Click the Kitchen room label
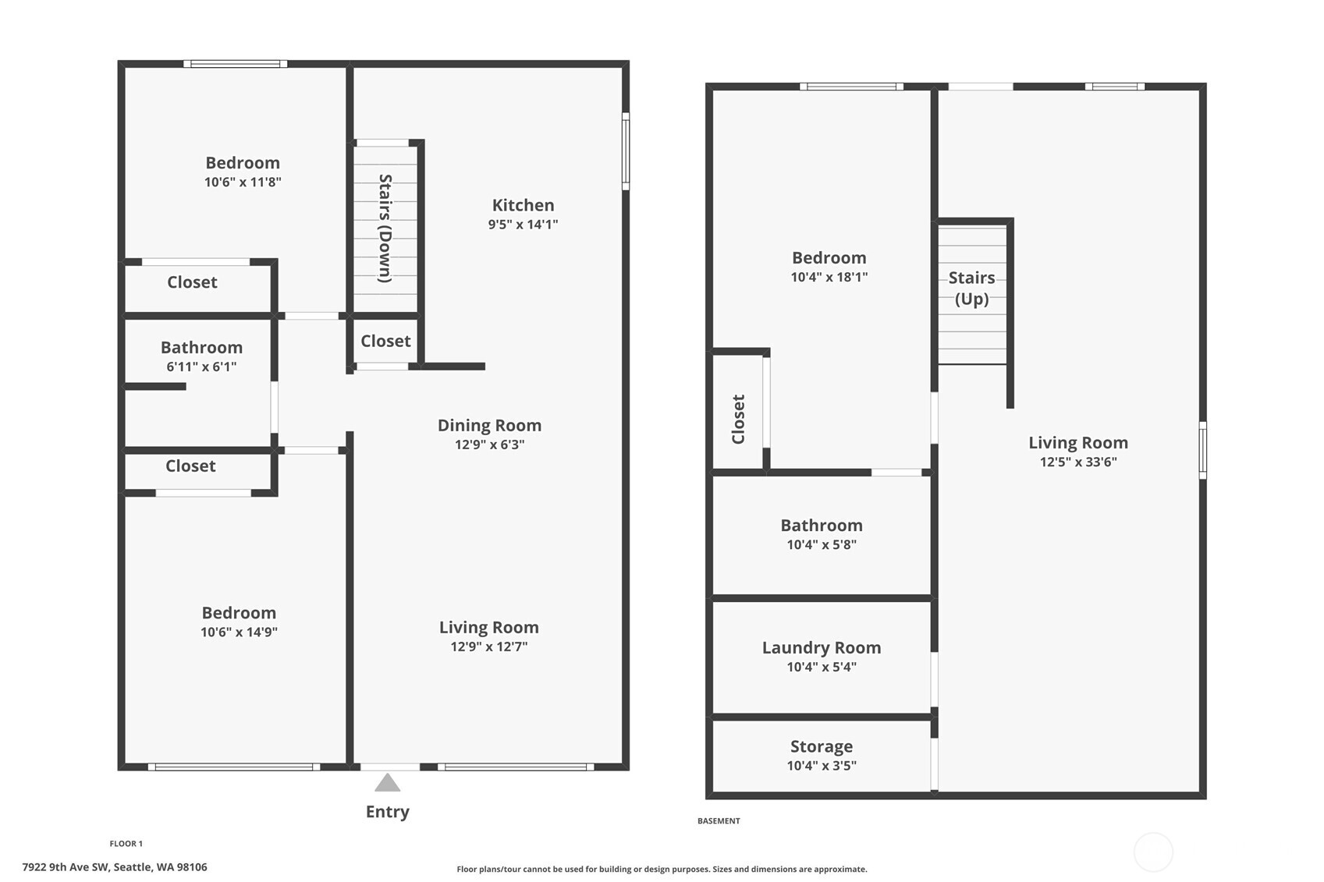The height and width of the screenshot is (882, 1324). tap(523, 205)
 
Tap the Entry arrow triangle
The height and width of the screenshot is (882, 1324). tap(387, 783)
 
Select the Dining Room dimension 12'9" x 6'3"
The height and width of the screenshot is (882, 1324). tap(489, 445)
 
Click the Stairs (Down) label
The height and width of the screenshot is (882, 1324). tap(385, 228)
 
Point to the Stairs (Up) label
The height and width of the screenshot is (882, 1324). tap(971, 288)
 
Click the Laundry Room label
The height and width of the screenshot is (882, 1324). tap(821, 647)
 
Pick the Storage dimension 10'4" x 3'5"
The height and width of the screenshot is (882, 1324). tap(821, 766)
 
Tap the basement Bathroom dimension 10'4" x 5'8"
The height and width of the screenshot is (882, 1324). tap(821, 545)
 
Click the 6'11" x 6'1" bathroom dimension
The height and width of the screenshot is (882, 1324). tap(201, 367)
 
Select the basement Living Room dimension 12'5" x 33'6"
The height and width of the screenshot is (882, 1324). tap(1077, 462)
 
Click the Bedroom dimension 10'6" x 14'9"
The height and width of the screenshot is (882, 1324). tap(239, 632)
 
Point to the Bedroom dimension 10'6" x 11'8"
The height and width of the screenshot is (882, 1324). tap(243, 182)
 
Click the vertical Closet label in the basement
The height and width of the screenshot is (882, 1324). tap(738, 419)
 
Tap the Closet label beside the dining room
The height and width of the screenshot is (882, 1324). tap(385, 341)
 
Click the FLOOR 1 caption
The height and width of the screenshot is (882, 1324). tap(126, 843)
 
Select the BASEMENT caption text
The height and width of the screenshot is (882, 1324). tap(719, 820)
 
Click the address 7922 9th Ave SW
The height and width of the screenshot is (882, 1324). tap(115, 866)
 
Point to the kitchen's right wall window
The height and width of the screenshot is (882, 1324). tap(625, 151)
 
